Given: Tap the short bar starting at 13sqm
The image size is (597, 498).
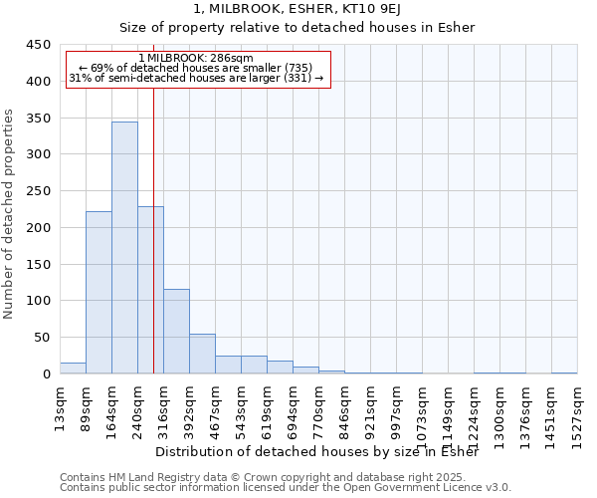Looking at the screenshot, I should (73, 368).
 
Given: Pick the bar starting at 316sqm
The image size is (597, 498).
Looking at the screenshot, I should (176, 331).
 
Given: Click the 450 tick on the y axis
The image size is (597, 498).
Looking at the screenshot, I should (38, 45).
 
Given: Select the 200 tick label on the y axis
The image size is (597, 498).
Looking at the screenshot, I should (38, 228).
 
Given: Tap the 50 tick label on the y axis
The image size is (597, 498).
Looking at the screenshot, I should (42, 338).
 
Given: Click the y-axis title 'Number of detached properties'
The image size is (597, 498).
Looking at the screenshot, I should (9, 214).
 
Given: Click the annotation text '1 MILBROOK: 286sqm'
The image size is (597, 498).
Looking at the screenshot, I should (196, 58).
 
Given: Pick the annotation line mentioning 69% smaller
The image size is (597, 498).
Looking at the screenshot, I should (196, 68).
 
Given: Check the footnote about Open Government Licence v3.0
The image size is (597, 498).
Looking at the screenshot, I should (286, 488).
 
